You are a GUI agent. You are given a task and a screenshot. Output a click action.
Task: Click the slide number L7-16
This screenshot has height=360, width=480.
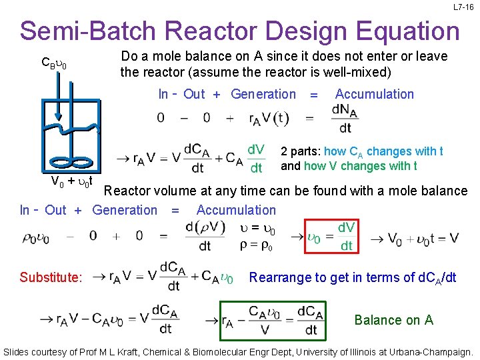point(463,7)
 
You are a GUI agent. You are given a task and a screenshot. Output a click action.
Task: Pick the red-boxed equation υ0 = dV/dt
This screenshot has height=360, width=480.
point(331,237)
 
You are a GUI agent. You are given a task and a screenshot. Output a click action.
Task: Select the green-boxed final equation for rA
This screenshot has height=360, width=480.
point(273,320)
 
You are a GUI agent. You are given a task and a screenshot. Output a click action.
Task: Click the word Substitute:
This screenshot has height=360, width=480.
point(51,277)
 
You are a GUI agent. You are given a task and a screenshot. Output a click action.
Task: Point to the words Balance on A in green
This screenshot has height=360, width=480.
point(393,320)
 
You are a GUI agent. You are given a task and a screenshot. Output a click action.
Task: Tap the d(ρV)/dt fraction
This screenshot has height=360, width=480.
point(205,237)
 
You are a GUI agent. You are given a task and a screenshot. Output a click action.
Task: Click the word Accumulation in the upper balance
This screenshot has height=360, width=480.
point(374,94)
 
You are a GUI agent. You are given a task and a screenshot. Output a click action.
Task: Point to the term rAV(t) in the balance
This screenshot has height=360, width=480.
point(269,118)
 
